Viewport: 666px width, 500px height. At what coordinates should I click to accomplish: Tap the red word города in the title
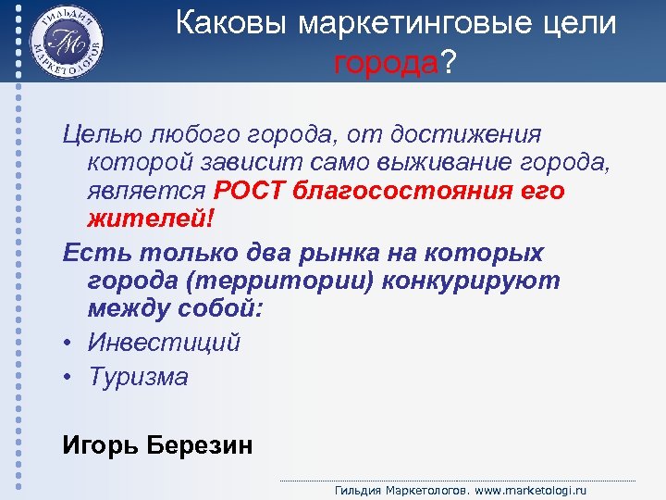(x=386, y=64)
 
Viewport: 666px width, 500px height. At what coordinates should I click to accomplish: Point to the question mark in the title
(x=449, y=64)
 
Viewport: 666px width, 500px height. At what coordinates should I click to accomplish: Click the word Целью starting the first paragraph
(x=97, y=135)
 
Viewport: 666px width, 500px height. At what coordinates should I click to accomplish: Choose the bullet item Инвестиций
(x=165, y=343)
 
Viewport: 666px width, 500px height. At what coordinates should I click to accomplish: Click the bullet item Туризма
(x=139, y=377)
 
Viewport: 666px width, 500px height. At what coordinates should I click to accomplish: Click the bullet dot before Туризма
(x=68, y=378)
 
